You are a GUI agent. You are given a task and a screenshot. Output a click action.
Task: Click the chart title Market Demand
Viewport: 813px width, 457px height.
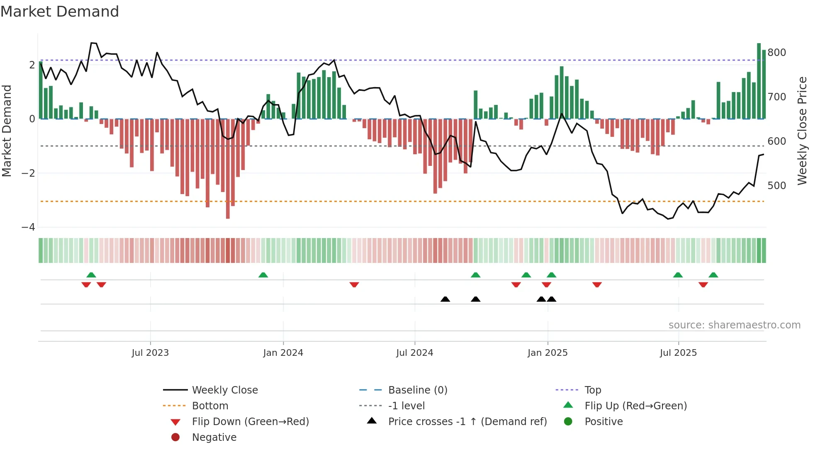pyautogui.click(x=60, y=11)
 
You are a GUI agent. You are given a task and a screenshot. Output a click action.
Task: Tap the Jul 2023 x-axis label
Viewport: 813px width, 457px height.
pyautogui.click(x=150, y=353)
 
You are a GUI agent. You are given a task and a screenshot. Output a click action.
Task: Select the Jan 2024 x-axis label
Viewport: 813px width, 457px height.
pyautogui.click(x=283, y=353)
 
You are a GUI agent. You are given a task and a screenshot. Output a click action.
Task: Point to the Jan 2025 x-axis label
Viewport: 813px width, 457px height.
pyautogui.click(x=548, y=353)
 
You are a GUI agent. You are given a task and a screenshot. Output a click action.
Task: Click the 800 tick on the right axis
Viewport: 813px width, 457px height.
pyautogui.click(x=776, y=53)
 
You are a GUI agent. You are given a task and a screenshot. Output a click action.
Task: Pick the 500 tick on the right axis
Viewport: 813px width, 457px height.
pyautogui.click(x=776, y=185)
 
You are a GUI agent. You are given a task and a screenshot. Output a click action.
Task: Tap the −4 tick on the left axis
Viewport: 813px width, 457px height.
pyautogui.click(x=28, y=227)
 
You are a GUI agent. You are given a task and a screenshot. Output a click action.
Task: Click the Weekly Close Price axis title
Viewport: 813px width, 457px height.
pyautogui.click(x=802, y=131)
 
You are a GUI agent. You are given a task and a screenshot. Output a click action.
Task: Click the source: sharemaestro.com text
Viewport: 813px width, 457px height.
pyautogui.click(x=734, y=325)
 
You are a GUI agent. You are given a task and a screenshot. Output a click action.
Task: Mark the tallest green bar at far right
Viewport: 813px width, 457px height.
pyautogui.click(x=759, y=81)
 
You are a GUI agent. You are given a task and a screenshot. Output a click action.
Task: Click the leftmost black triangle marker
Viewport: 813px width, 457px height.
pyautogui.click(x=445, y=299)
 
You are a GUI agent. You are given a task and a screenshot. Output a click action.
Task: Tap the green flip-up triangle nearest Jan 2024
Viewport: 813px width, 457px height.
pyautogui.click(x=263, y=275)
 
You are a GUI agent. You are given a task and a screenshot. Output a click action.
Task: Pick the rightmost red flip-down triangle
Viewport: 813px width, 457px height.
pyautogui.click(x=703, y=284)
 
